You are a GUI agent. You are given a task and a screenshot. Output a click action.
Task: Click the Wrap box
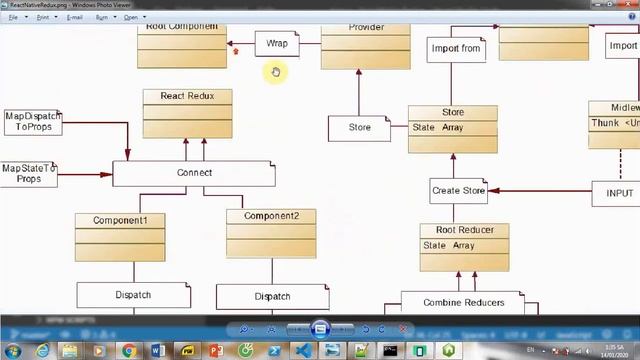pyautogui.click(x=276, y=44)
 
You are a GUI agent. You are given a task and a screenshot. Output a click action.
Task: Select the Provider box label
pyautogui.click(x=365, y=28)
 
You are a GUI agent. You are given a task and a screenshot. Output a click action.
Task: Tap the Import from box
pyautogui.click(x=456, y=48)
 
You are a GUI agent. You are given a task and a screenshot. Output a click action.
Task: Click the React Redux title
pyautogui.click(x=187, y=96)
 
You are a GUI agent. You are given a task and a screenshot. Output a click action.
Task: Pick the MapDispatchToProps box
pyautogui.click(x=33, y=122)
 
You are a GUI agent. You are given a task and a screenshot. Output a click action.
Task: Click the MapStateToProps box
pyautogui.click(x=28, y=173)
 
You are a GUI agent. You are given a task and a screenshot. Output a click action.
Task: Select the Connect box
pyautogui.click(x=194, y=173)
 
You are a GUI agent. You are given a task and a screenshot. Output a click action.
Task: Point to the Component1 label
pyautogui.click(x=120, y=220)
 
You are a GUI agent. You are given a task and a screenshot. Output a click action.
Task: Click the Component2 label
pyautogui.click(x=271, y=216)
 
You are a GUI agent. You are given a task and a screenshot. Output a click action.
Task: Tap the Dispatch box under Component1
pyautogui.click(x=133, y=295)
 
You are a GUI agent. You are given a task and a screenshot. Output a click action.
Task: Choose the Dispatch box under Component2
pyautogui.click(x=272, y=297)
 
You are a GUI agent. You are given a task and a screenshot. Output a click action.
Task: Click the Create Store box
pyautogui.click(x=459, y=190)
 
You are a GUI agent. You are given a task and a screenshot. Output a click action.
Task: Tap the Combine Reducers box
pyautogui.click(x=463, y=302)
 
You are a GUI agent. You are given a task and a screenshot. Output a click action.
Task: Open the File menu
pyautogui.click(x=13, y=17)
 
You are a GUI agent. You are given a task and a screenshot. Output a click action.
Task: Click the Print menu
pyautogui.click(x=41, y=17)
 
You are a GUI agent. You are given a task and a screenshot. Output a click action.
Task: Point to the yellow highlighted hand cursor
pyautogui.click(x=276, y=72)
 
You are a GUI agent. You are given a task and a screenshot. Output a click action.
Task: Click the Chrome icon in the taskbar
pyautogui.click(x=129, y=350)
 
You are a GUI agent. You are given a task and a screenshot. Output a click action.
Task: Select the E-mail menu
pyautogui.click(x=74, y=17)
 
